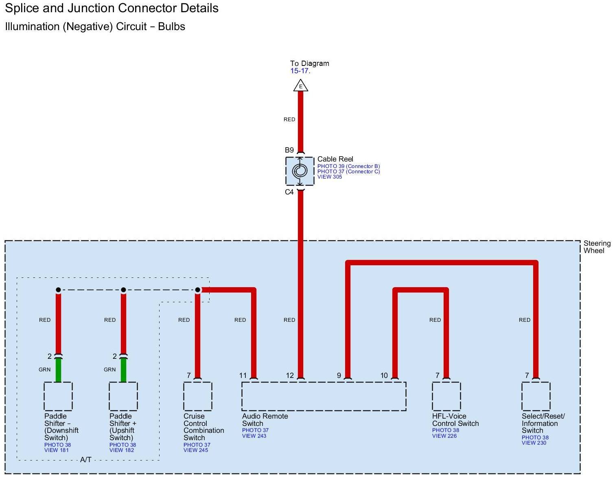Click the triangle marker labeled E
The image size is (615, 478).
[x=300, y=85]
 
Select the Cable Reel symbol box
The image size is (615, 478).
[x=300, y=171]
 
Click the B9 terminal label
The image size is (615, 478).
[x=289, y=150]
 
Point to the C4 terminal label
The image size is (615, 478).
[x=289, y=192]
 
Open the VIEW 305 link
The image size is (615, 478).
[x=329, y=177]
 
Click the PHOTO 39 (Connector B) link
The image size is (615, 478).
[x=348, y=166]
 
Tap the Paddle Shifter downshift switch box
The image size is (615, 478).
[x=58, y=396]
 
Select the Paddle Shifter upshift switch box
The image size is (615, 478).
[x=123, y=396]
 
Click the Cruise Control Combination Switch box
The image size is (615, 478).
[x=197, y=396]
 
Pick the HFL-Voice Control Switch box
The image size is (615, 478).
[x=446, y=396]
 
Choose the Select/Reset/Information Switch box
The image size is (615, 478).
[x=536, y=396]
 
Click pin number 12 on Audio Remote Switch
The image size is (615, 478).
[x=290, y=375]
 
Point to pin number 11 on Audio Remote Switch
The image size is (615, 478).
[x=243, y=375]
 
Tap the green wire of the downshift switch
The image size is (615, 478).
[x=58, y=370]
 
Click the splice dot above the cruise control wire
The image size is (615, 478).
[x=197, y=290]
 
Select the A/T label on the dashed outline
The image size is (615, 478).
[x=85, y=460]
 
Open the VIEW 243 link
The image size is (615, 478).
[x=254, y=436]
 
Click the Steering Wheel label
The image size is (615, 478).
[x=597, y=247]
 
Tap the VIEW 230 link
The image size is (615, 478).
[x=534, y=443]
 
